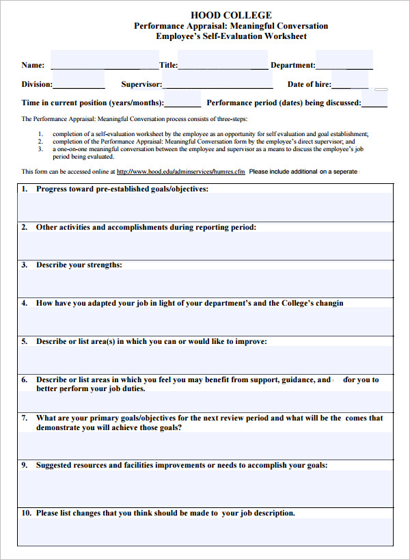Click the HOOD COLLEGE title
pos(231,15)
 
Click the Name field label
pos(33,66)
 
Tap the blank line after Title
pos(223,66)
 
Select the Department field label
pos(293,66)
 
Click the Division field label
pos(37,85)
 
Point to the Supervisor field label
pos(141,85)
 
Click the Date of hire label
pos(309,85)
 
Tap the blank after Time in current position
pos(182,104)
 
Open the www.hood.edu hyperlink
pos(180,172)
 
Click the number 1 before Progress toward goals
pos(25,189)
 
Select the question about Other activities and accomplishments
pos(146,227)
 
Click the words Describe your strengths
pos(79,265)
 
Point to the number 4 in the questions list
pos(25,303)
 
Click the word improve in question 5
pos(251,341)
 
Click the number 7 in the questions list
pos(25,418)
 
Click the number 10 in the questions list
pos(26,513)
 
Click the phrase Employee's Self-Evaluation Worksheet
pos(231,36)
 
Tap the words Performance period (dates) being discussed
pos(284,103)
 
